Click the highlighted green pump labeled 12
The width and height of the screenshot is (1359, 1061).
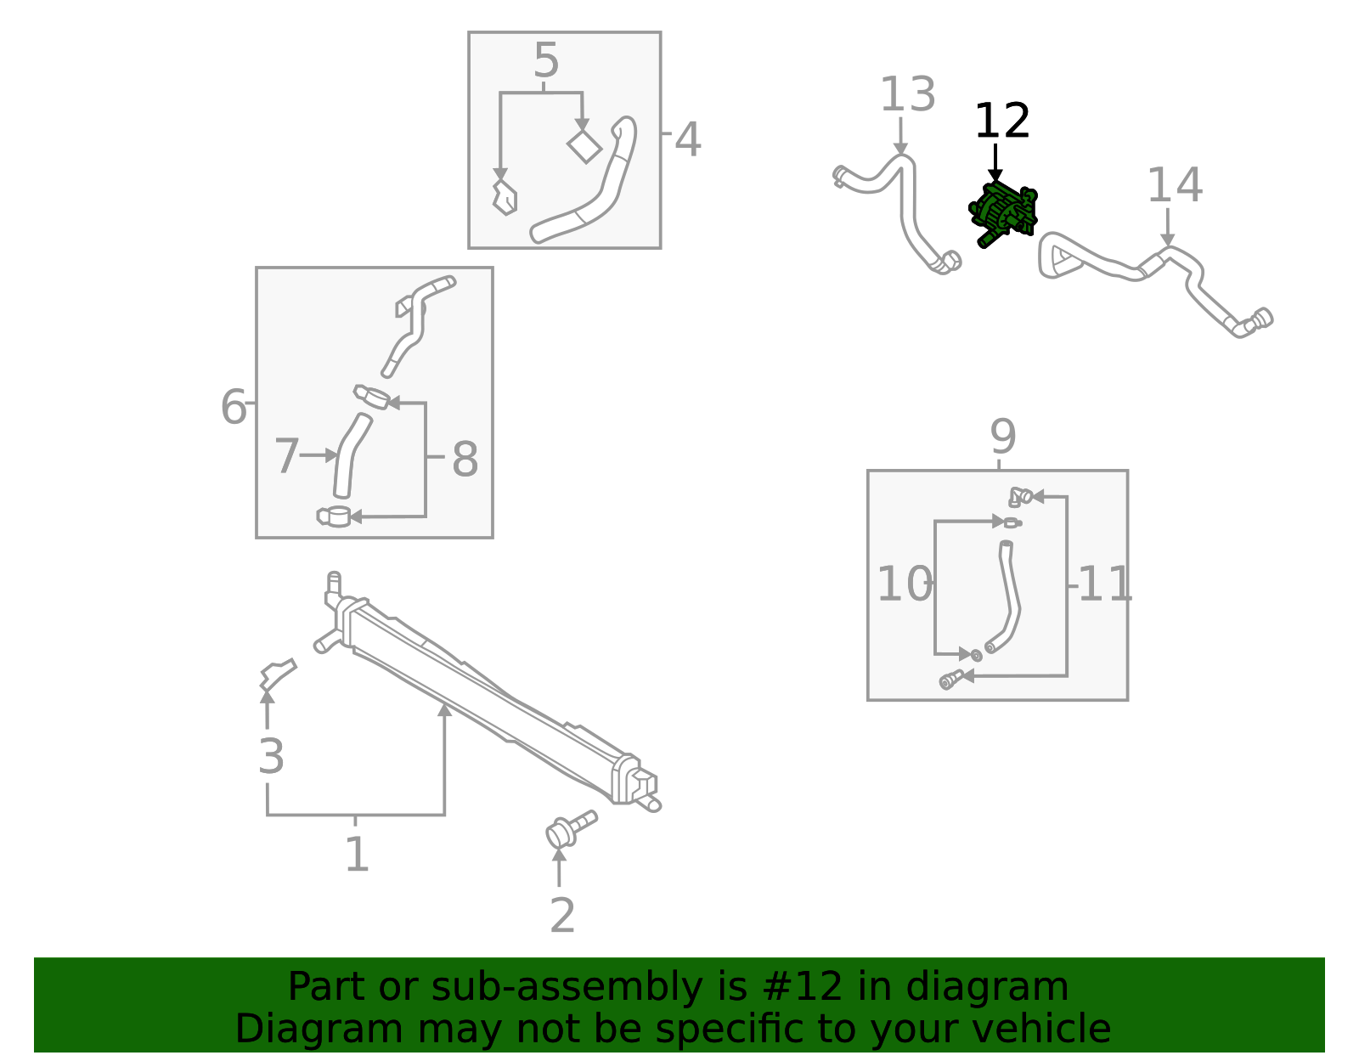point(1003,212)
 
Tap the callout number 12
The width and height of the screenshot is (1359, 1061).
point(1001,121)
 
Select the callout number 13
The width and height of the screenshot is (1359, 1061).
point(907,94)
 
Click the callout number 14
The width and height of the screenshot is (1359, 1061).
point(1174,185)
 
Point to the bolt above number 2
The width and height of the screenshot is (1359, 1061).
point(569,829)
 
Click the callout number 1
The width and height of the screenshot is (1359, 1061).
point(357,854)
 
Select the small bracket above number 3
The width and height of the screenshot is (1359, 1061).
point(277,674)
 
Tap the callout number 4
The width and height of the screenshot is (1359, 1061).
point(687,140)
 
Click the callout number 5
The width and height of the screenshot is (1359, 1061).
point(546,61)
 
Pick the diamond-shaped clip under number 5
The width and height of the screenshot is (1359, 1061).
point(584,147)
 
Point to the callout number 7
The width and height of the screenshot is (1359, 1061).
point(286,456)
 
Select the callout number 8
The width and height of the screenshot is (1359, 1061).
point(465,459)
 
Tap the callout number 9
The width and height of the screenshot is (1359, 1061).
point(1002,437)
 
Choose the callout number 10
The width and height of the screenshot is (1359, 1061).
point(903,584)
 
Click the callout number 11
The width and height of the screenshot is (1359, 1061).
point(1105,584)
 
